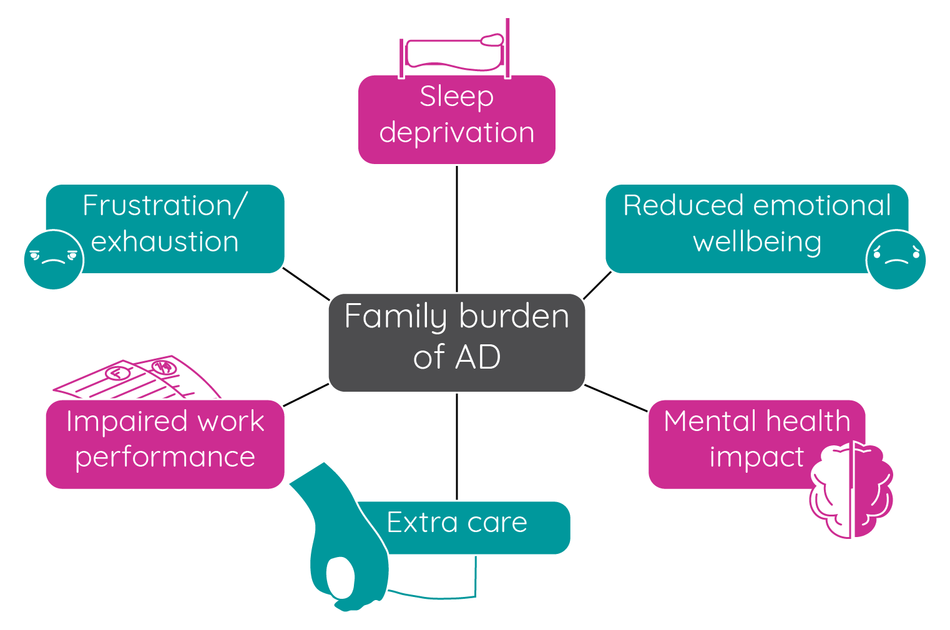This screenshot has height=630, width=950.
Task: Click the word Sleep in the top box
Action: [x=456, y=97]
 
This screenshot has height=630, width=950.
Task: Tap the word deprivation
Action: [x=456, y=133]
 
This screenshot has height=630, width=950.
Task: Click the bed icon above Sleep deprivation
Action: [x=454, y=52]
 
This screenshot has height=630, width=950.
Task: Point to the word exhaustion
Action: [x=165, y=241]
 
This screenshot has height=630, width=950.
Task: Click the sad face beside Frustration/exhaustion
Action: [x=54, y=259]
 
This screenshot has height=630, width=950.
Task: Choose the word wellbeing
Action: [x=757, y=242]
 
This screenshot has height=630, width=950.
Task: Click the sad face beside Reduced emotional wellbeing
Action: [x=896, y=259]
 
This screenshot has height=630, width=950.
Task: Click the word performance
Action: [x=165, y=457]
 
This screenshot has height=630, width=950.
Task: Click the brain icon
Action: [x=852, y=490]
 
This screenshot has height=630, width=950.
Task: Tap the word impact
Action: [x=756, y=457]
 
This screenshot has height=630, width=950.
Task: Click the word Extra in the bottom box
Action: [x=422, y=523]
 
